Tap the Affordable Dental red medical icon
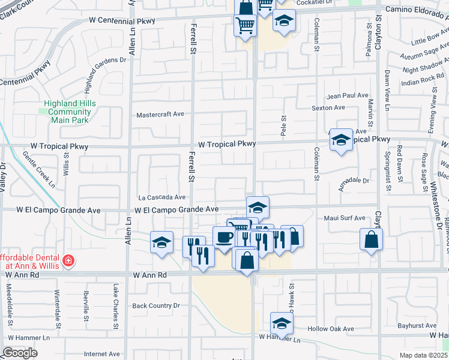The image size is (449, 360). (69, 260)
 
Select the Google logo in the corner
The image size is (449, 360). (20, 353)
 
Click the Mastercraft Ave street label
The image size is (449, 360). (160, 115)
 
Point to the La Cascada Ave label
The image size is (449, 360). (162, 197)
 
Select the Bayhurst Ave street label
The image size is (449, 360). (400, 325)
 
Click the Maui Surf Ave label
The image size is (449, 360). (345, 218)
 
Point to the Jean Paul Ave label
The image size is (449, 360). (347, 95)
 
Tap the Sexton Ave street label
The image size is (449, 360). (328, 107)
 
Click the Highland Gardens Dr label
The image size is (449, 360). (106, 60)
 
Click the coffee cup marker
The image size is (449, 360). (223, 236)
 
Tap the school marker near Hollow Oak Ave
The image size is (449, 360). (281, 323)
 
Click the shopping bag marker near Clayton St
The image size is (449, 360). (372, 239)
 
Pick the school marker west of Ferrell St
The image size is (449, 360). (161, 242)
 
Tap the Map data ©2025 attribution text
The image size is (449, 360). (424, 355)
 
